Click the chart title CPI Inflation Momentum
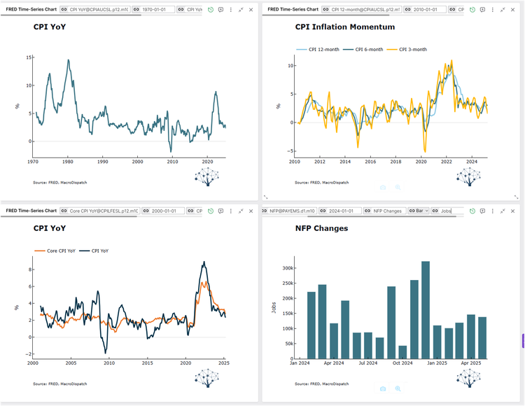tap(344, 27)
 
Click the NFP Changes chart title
tap(321, 228)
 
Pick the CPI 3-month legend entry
tap(407, 50)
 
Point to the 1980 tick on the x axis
tap(68, 161)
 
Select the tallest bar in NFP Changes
tap(426, 309)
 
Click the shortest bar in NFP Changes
tap(402, 351)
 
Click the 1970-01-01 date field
tap(157, 10)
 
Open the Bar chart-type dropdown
tap(419, 211)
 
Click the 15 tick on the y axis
tap(29, 57)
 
